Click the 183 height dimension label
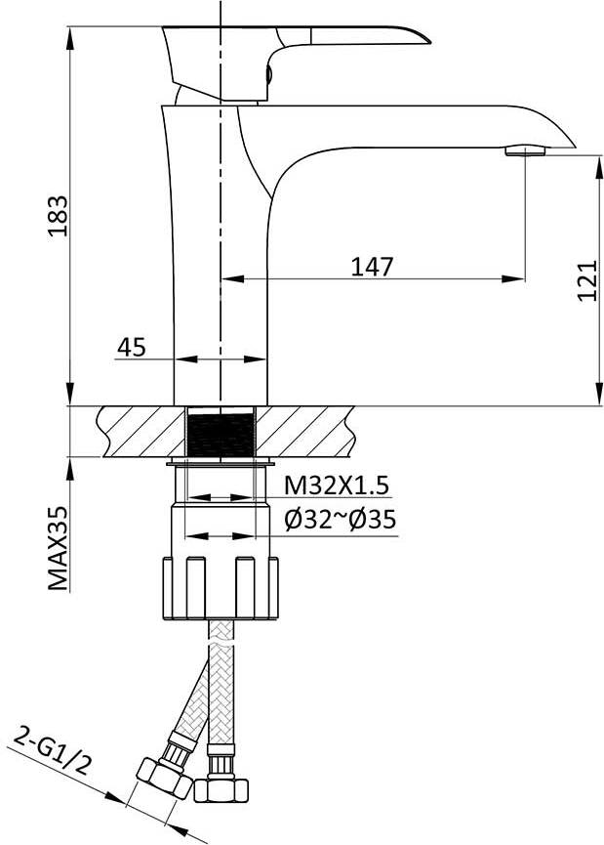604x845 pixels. pos(59,216)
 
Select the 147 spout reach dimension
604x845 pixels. pos(372,267)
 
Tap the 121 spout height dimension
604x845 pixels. pos(587,280)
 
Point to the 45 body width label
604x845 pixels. pos(132,348)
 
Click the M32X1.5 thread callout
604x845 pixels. pos(336,486)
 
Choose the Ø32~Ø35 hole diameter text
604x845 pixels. pos(341,520)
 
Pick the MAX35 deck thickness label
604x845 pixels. pos(59,548)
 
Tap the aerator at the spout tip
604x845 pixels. pos(525,150)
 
